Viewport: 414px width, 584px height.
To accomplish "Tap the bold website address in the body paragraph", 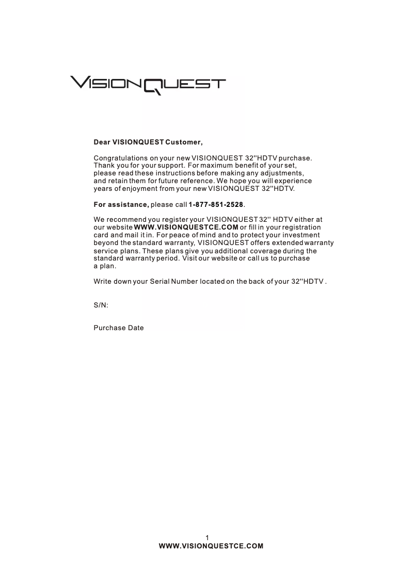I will [186, 228].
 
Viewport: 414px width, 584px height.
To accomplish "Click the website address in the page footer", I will [211, 545].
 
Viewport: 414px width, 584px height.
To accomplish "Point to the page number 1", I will [207, 538].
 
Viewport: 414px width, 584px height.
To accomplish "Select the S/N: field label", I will [100, 305].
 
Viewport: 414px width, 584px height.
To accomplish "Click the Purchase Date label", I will [118, 328].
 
